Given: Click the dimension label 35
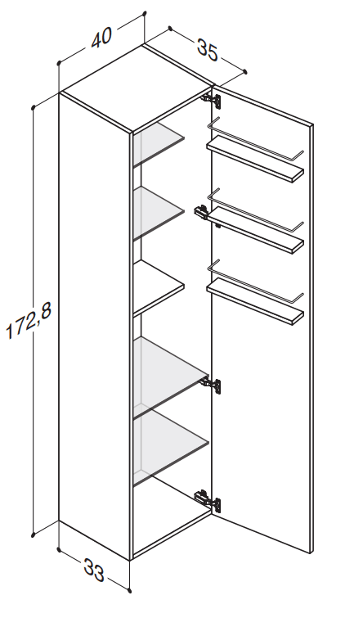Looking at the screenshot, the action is point(208,49).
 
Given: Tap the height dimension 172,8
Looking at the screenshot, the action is point(29,321).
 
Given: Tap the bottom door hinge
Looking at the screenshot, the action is point(208,500).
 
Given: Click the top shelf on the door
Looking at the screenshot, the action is point(255,159).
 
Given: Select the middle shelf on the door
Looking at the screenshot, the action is point(255,230).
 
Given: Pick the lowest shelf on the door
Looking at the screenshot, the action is point(255,300).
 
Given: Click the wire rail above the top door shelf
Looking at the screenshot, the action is point(256,140).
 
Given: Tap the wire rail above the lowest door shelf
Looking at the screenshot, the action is point(256,282).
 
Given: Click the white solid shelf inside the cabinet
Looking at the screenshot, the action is point(158,287).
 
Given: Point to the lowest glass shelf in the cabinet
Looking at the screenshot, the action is point(171,447).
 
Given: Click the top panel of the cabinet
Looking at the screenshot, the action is point(137,87).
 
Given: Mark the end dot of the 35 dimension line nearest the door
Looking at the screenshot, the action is point(245,72).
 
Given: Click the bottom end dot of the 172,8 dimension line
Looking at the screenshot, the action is point(34,535).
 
